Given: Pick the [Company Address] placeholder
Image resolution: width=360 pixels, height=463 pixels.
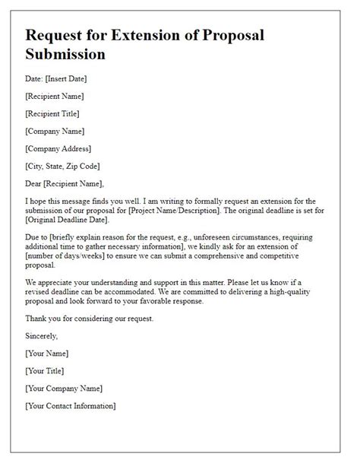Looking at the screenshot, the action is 58,148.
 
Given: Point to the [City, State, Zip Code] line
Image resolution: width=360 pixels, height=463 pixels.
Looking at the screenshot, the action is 62,166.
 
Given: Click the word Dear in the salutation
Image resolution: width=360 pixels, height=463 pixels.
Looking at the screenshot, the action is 36,183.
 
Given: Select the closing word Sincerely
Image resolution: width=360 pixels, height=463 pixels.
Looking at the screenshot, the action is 42,335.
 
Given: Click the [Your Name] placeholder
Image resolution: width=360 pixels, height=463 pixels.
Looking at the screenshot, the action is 47,354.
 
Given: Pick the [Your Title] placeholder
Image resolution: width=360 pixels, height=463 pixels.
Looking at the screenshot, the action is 46,371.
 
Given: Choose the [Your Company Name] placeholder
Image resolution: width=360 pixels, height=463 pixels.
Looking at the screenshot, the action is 64,388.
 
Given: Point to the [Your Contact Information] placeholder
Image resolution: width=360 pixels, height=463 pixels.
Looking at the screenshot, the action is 70,406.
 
